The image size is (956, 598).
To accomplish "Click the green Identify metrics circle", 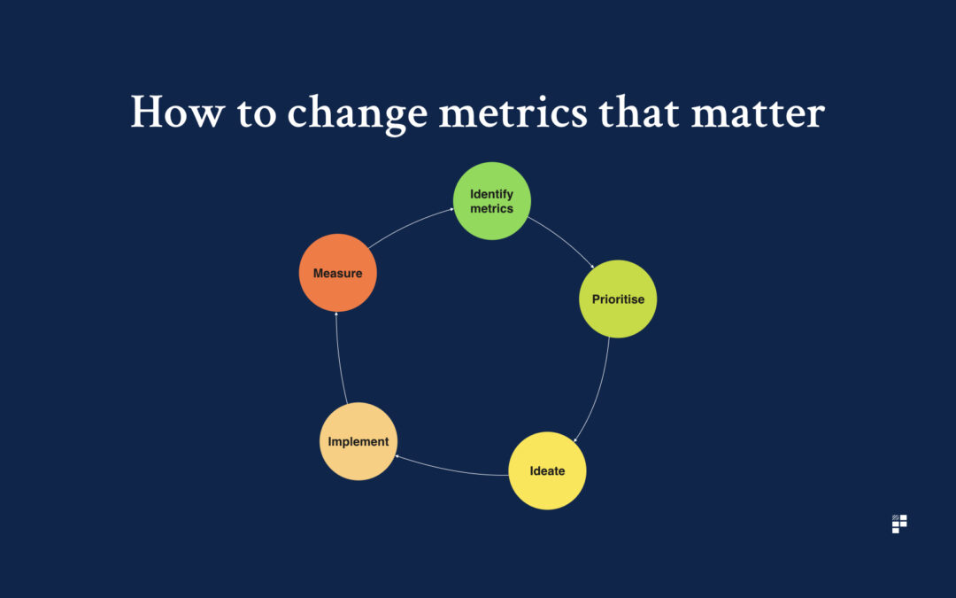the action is coord(491,201).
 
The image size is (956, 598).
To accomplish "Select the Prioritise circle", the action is coord(618,299).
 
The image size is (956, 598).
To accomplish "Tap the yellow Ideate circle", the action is coord(547,470).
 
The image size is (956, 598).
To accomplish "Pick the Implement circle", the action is coord(358,441).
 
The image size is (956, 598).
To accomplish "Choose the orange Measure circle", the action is coord(338,273).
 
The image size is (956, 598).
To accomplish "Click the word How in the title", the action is coord(177,112).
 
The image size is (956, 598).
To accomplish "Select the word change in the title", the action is coord(357,113).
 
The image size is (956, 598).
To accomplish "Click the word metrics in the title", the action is coord(513,113).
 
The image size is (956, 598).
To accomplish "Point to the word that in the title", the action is coord(638,112).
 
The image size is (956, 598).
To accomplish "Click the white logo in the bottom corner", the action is coord(899,524).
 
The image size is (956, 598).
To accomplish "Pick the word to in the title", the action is coord(256,113).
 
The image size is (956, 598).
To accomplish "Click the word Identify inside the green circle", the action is coord(491,195).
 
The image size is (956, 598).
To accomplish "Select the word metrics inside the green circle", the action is coord(491,209).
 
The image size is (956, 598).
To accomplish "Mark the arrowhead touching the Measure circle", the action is coord(336,314).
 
